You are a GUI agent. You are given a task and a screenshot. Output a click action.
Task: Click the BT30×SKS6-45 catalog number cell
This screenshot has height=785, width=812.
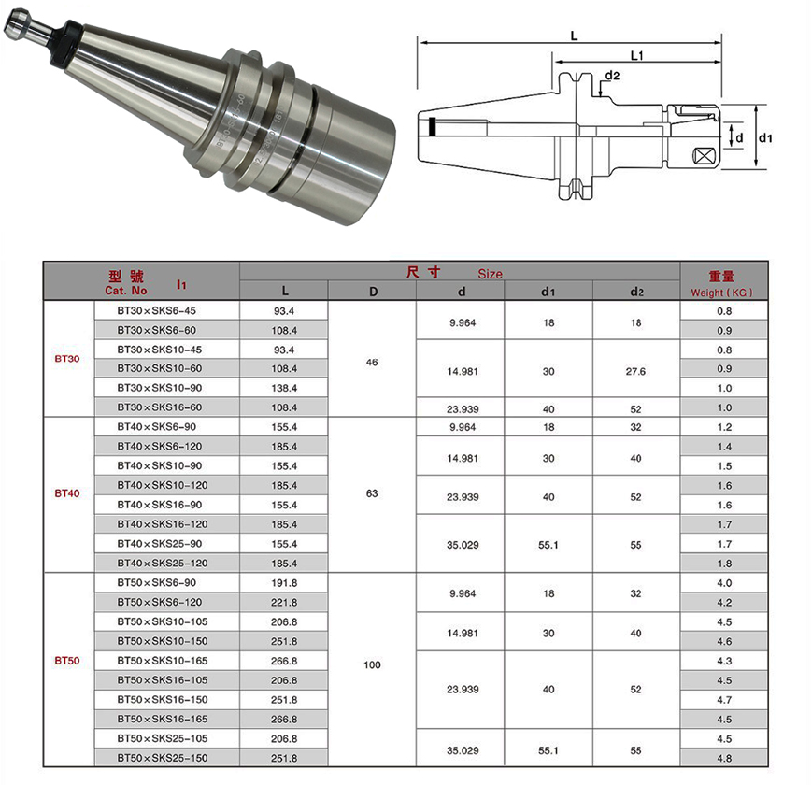pos(156,310)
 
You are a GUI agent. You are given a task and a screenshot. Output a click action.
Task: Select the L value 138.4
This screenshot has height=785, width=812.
pos(284,388)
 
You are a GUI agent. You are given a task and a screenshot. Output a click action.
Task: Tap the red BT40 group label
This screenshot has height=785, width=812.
pos(67,493)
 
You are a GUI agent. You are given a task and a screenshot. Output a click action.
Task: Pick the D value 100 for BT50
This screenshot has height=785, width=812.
pos(372,664)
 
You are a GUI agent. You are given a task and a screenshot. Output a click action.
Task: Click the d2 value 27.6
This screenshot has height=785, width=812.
pos(635,371)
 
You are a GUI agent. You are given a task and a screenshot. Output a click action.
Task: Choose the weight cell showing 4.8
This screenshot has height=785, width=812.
pos(724,758)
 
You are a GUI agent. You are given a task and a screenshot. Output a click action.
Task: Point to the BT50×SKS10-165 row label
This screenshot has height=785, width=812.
pos(162,661)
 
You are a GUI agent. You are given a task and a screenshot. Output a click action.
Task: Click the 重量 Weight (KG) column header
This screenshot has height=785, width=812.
pos(721,284)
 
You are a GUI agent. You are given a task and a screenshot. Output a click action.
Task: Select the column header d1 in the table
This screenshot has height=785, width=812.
pos(548,292)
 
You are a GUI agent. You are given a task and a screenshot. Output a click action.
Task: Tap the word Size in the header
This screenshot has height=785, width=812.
pos(490,274)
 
